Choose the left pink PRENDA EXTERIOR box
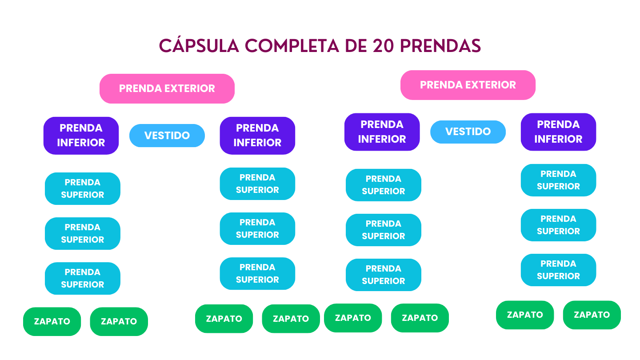click(x=167, y=88)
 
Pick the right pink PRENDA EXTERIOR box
click(x=468, y=85)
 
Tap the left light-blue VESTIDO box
click(x=167, y=136)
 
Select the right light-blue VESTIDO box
click(x=468, y=132)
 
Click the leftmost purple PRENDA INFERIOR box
click(x=81, y=136)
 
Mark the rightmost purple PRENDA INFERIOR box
click(x=558, y=132)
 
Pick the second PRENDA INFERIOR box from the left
click(x=257, y=136)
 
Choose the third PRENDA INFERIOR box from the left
click(x=382, y=132)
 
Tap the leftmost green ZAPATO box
click(x=52, y=321)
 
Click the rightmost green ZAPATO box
click(x=592, y=315)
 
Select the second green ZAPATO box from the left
click(x=119, y=321)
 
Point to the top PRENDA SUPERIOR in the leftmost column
click(x=82, y=188)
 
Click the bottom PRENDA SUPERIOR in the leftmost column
click(x=82, y=278)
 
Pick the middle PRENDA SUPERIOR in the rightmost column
click(x=558, y=225)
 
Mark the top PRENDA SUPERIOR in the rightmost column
click(x=558, y=180)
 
